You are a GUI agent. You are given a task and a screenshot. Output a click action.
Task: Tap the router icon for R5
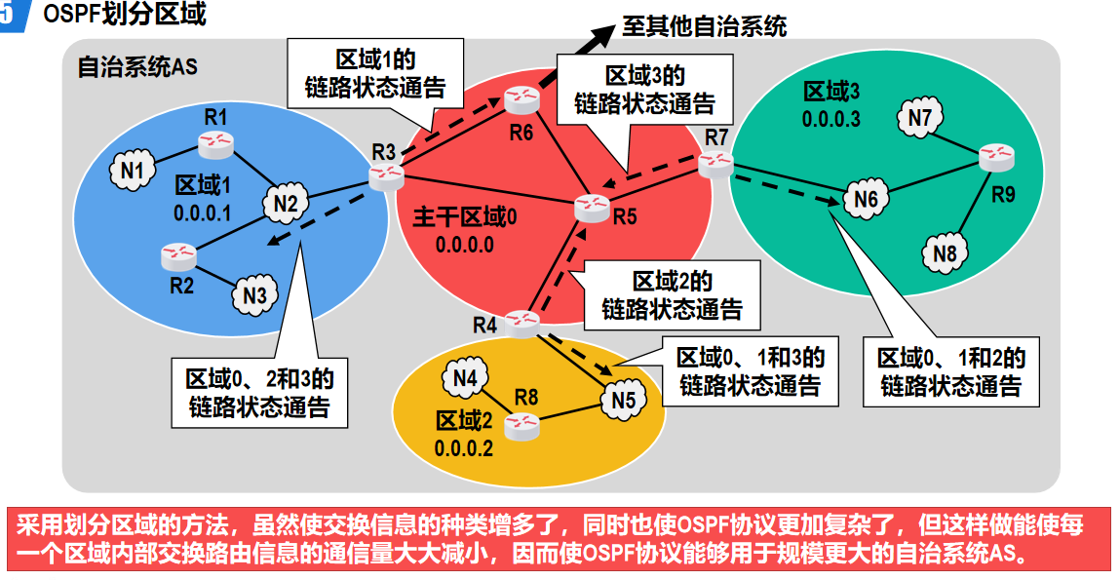(591, 206)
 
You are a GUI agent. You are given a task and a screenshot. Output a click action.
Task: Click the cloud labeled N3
(255, 293)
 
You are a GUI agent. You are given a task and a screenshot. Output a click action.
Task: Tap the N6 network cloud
(866, 200)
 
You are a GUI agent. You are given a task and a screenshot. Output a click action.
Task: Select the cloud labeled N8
(944, 253)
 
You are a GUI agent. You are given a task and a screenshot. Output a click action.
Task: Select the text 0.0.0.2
(464, 448)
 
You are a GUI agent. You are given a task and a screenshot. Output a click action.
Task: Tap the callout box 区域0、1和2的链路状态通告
(950, 370)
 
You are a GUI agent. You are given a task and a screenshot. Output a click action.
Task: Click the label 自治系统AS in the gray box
(136, 68)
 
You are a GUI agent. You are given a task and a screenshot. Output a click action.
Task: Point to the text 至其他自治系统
(705, 26)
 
